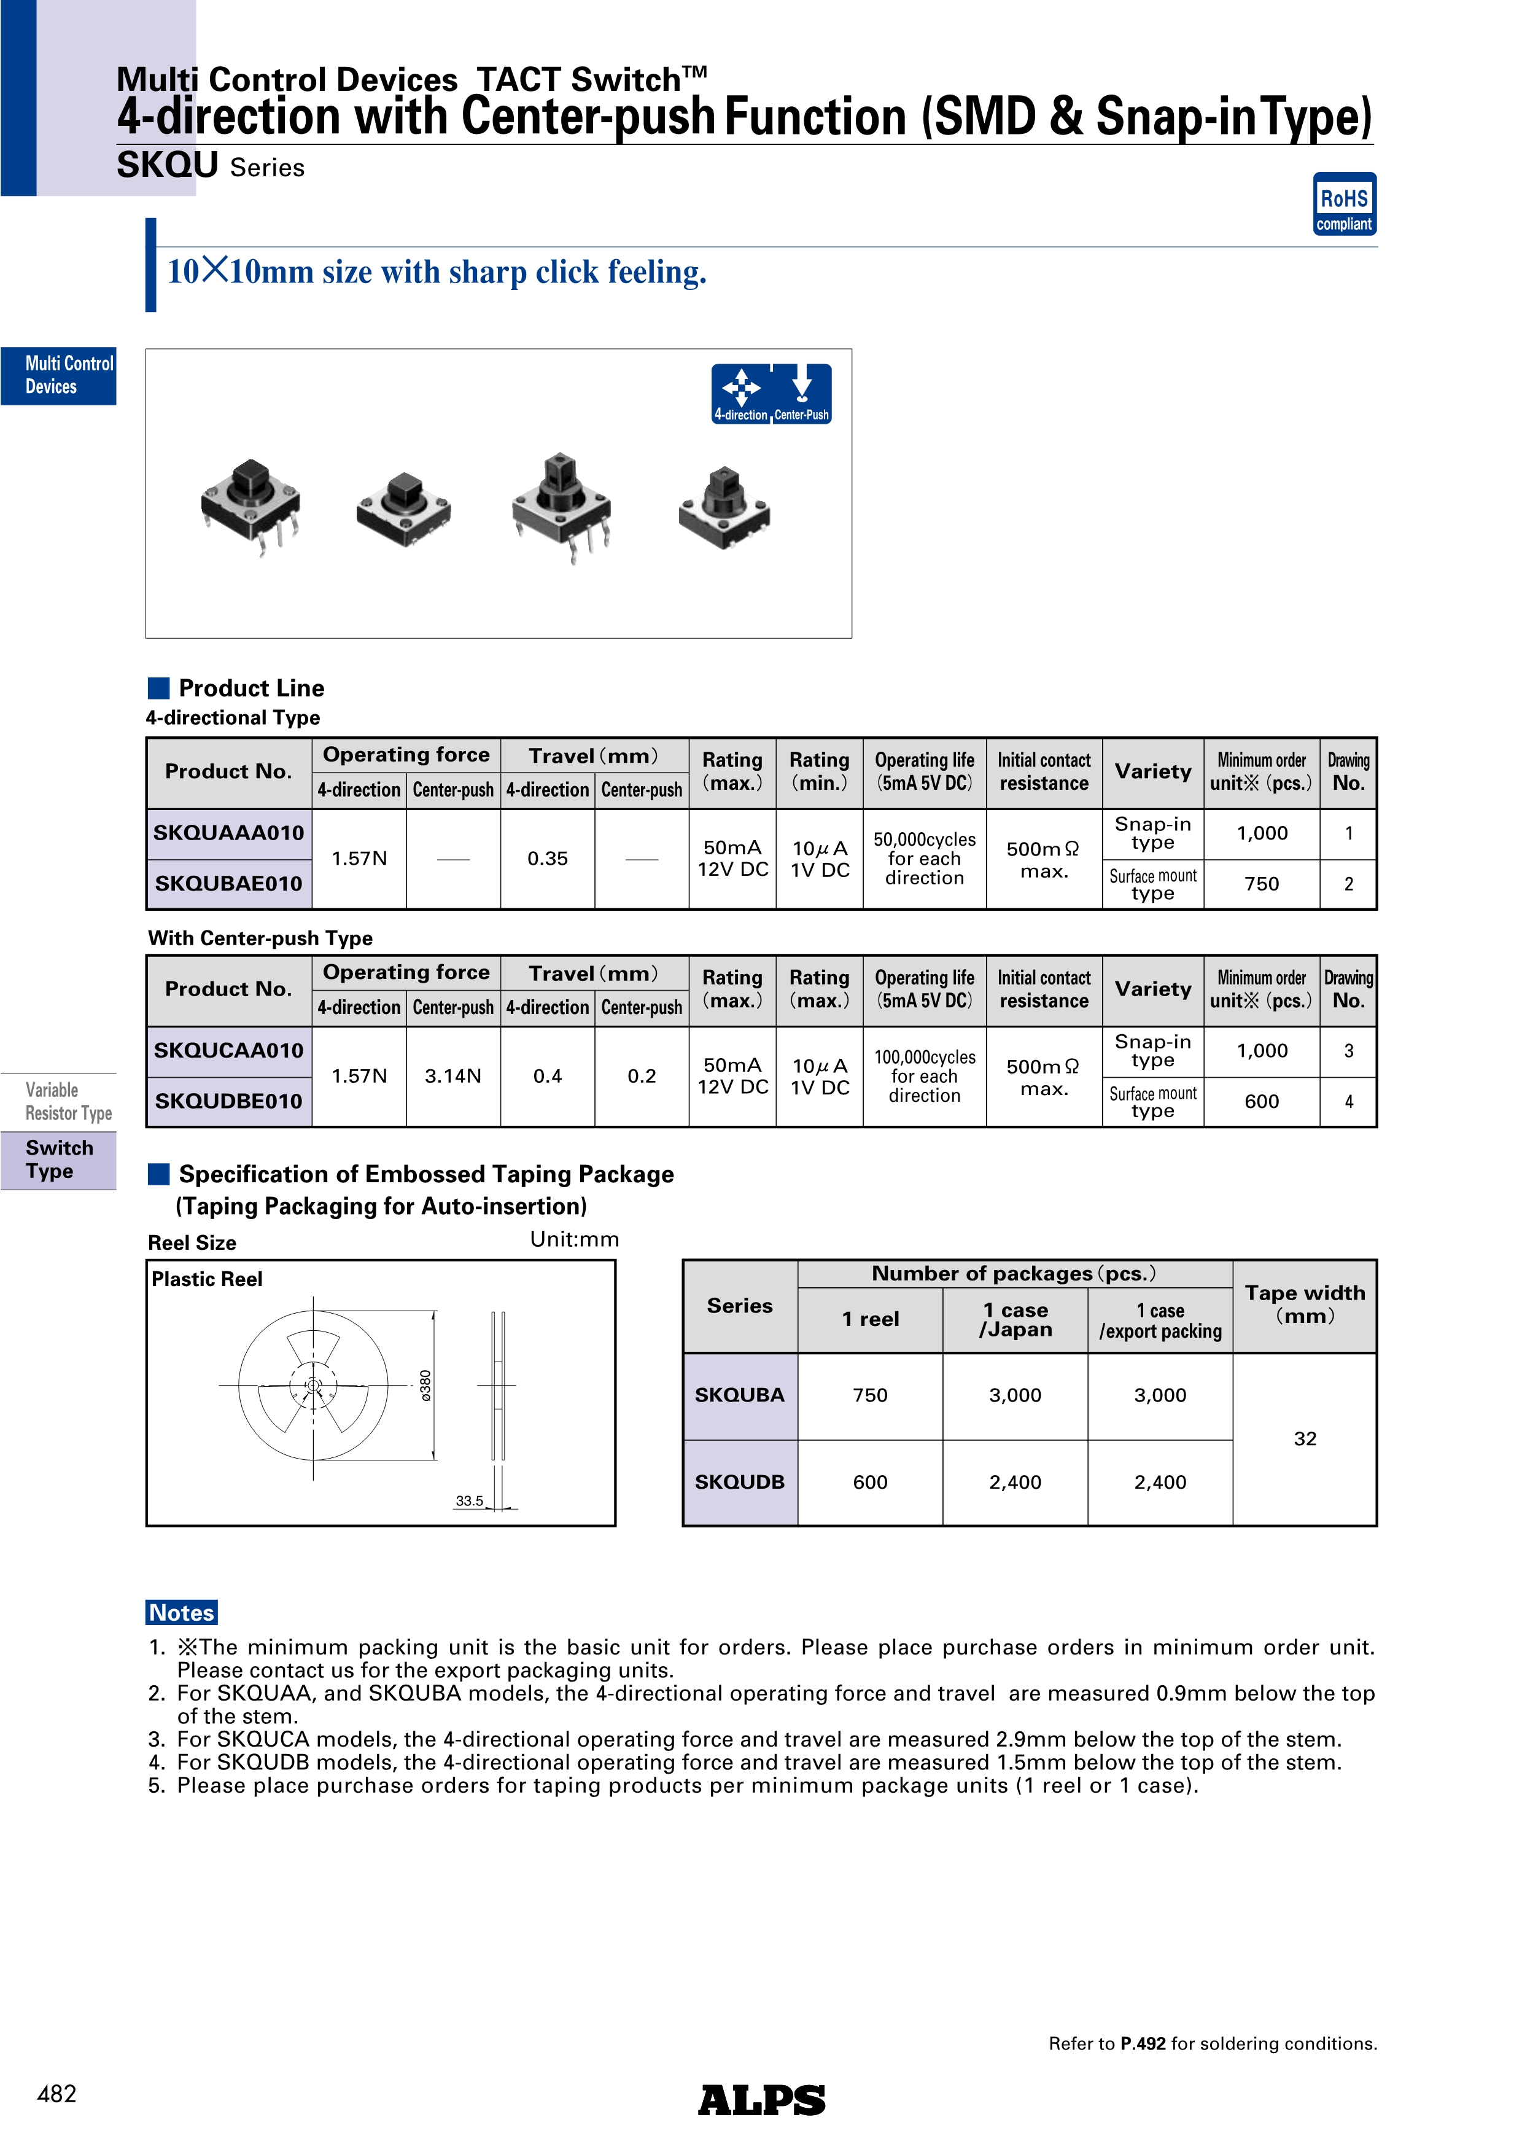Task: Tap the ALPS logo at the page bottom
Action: pos(761,2100)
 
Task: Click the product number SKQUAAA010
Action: pos(228,833)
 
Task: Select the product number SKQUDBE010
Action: pos(228,1101)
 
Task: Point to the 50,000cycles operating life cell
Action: pos(924,859)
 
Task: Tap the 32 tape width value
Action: pos(1305,1439)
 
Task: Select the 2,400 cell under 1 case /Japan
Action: pos(1015,1482)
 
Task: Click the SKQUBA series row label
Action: pos(739,1395)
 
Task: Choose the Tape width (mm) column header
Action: pos(1305,1304)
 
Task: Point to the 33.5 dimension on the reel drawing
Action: pos(470,1500)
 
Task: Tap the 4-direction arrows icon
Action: pos(741,387)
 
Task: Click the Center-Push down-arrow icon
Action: pos(802,387)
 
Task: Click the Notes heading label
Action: pos(182,1612)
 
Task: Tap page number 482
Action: pos(56,2094)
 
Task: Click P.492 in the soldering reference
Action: pos(1143,2043)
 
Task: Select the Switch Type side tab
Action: pos(59,1160)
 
